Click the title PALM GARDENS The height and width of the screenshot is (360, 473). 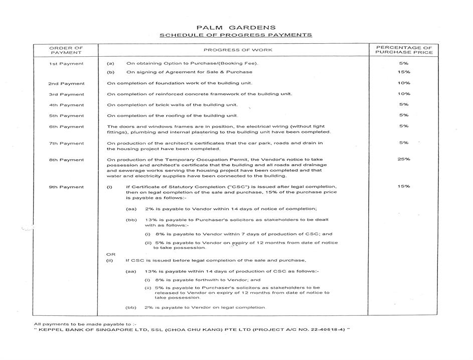(235, 27)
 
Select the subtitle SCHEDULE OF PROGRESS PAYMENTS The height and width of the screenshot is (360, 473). (235, 35)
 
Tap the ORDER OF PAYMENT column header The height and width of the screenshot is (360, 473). (66, 50)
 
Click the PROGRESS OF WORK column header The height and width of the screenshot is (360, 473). (238, 50)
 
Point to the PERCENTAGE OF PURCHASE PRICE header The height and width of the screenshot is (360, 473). (403, 50)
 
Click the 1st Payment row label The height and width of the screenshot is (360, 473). (66, 64)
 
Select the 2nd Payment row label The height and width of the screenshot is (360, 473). (66, 83)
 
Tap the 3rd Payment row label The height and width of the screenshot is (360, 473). (66, 94)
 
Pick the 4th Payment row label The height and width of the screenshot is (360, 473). (66, 105)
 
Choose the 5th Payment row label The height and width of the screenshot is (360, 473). (66, 116)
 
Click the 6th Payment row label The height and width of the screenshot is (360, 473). (66, 127)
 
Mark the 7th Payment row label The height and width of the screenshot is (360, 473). (66, 144)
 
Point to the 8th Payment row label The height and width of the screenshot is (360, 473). (66, 160)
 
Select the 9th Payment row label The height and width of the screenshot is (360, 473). (66, 187)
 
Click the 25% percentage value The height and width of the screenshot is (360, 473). (404, 159)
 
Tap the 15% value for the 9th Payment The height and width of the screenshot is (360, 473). (404, 186)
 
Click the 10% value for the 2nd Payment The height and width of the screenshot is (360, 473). (404, 83)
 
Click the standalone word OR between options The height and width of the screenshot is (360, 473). (111, 255)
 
